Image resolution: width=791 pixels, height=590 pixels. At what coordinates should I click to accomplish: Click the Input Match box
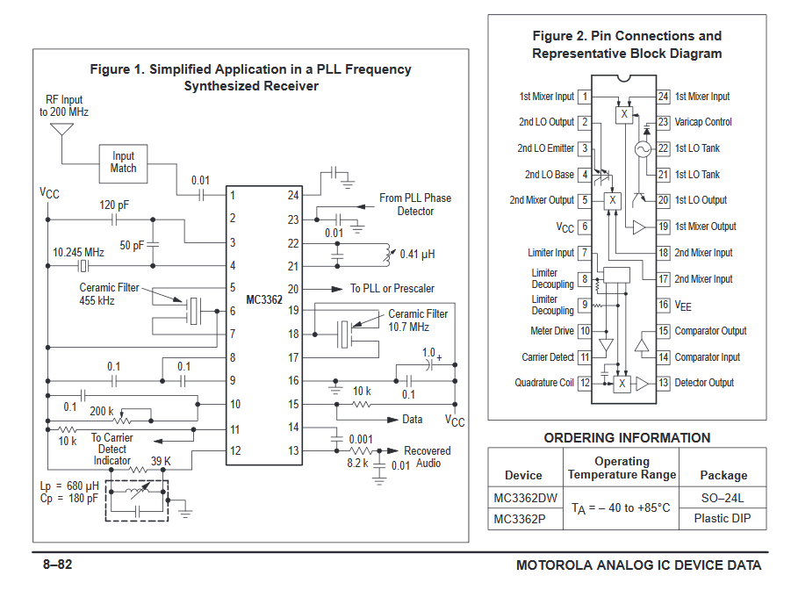pos(124,162)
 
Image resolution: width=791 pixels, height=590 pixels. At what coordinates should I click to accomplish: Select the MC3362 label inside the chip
pos(264,299)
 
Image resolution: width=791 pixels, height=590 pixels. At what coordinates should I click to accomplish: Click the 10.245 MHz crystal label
pos(78,252)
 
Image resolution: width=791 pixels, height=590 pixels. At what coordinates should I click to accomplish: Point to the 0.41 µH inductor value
pos(417,255)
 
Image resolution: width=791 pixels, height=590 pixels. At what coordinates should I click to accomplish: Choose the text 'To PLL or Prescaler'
pos(392,289)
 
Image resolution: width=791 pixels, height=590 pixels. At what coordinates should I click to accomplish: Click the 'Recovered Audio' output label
pos(428,457)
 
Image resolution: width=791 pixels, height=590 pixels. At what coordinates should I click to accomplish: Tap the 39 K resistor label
pos(161,460)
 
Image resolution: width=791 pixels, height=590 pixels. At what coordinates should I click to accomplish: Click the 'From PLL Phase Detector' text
pos(415,205)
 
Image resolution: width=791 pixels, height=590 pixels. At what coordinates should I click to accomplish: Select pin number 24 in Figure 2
pos(664,97)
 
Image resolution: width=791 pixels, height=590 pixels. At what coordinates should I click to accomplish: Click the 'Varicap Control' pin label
pos(703,122)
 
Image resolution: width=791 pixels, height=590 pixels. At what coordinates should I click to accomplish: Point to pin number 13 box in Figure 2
pos(664,383)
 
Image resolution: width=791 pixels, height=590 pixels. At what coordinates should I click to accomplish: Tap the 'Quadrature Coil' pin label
pos(544,383)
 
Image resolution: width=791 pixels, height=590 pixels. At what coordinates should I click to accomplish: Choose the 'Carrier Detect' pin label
pos(548,357)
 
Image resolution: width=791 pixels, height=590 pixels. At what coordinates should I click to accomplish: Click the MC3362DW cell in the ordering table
pos(525,498)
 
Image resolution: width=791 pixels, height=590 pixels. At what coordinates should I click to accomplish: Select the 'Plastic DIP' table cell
pos(723,518)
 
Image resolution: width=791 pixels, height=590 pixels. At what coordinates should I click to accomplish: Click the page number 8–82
pos(60,565)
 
